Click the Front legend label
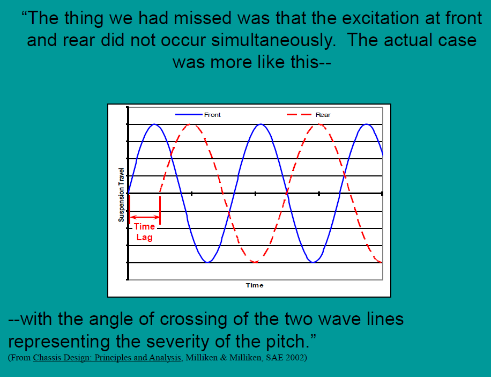coord(212,115)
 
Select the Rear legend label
coord(323,115)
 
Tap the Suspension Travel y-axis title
coord(121,195)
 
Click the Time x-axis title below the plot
coord(255,285)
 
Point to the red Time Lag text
coord(144,232)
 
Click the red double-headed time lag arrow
coord(145,217)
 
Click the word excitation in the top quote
coord(381,18)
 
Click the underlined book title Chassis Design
coord(107,358)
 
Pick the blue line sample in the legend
coord(189,115)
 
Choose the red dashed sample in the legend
coord(299,115)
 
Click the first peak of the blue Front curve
coord(155,124)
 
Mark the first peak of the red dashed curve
coord(191,125)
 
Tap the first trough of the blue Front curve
coord(207,262)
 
